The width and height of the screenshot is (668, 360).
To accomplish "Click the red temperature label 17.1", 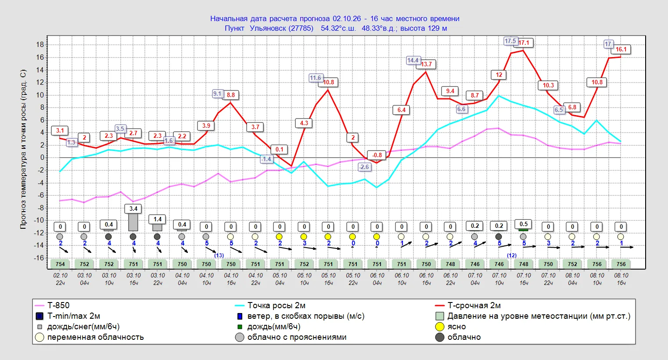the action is coord(524,43).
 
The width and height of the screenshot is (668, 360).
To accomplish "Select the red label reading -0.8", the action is coord(377,155).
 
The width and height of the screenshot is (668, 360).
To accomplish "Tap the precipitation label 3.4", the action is coord(133,209).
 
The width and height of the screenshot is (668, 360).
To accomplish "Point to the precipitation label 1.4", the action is coord(158,219).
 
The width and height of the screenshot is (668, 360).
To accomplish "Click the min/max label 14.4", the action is coord(413,60).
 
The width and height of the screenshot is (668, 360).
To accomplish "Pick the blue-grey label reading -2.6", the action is coord(364,167).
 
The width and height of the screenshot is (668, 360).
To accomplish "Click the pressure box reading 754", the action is coord(60,264).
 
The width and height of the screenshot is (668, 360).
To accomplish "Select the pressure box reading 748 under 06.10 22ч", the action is coord(450,264).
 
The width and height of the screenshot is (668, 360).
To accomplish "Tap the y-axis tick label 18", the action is coord(40,45).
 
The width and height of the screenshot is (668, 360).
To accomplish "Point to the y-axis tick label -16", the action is coord(39,258).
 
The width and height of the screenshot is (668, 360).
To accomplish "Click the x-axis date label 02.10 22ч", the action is coord(60,279).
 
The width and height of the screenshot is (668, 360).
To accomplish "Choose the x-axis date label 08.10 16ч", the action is coord(621,279).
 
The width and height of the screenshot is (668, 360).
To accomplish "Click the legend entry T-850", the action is coord(58,306).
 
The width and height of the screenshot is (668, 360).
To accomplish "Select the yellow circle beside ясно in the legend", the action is coord(440,327).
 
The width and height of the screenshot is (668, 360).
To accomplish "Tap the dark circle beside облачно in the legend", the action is coord(440,337).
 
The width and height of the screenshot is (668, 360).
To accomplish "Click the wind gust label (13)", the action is coord(219,256).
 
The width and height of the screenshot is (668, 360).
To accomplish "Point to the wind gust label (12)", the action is coord(512,256).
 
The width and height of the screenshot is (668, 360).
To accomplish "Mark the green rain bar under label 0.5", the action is coord(523,230).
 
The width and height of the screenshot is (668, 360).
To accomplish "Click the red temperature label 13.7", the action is coord(426,64).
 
